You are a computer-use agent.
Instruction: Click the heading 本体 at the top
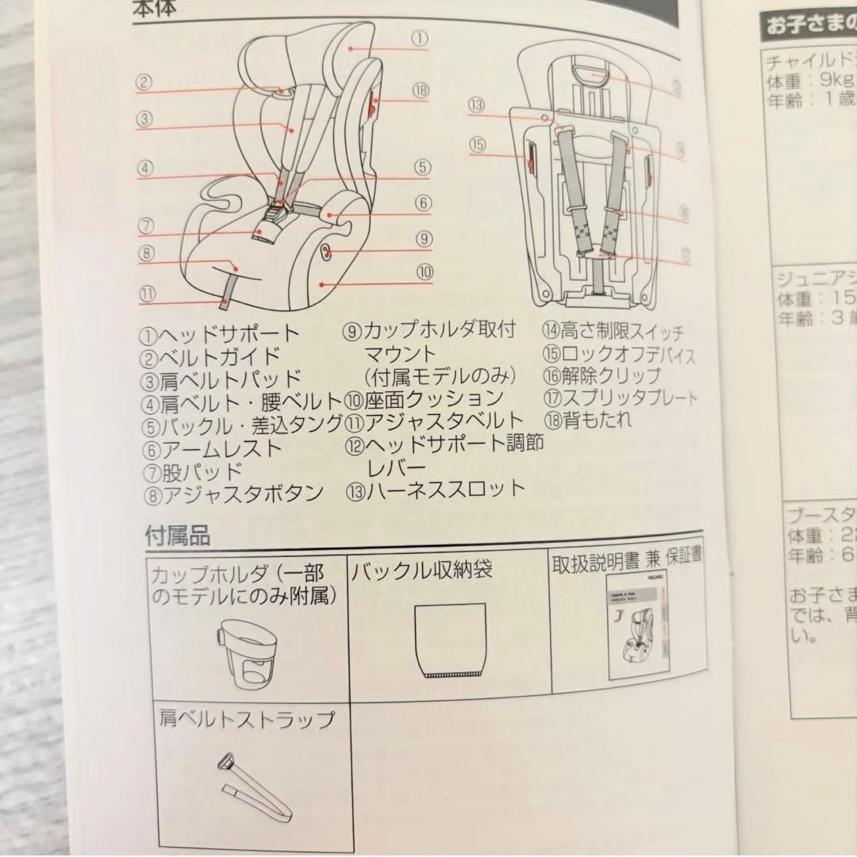coord(155,10)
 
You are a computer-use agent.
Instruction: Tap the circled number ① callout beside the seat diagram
coord(420,37)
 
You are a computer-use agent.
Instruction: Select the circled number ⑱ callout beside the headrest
coord(420,90)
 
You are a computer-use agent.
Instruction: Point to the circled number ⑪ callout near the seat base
coord(148,293)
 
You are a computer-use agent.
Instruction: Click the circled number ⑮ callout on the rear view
coord(477,144)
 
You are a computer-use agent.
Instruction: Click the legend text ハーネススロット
coord(444,488)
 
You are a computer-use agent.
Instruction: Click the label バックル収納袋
coord(421,570)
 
